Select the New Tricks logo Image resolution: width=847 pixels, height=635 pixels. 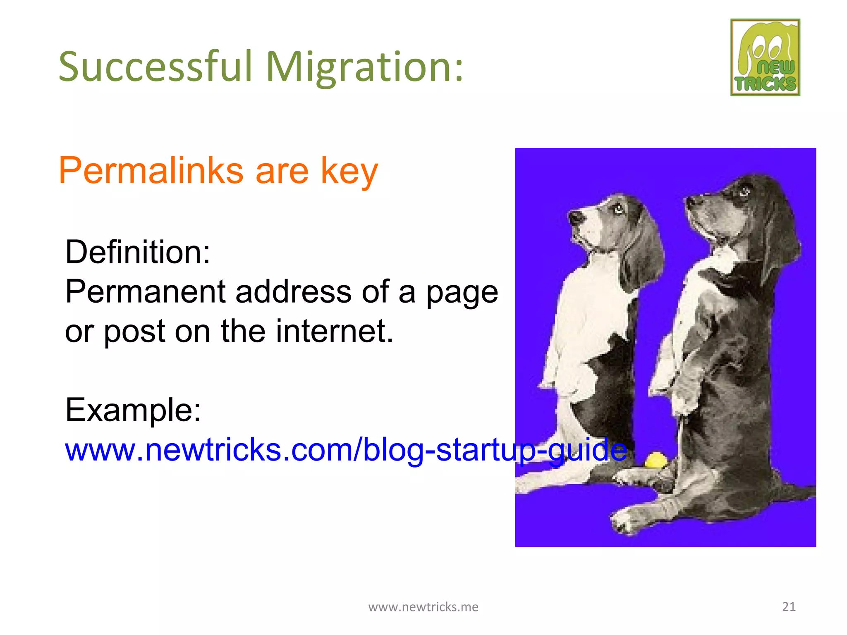(765, 57)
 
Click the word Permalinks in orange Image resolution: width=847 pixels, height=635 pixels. (151, 170)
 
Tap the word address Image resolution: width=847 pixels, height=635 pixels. (293, 291)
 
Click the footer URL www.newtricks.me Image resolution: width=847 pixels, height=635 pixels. (423, 606)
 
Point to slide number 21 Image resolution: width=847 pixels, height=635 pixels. (789, 606)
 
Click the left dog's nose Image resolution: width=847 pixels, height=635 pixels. (574, 217)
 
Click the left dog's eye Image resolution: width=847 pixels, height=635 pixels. (618, 208)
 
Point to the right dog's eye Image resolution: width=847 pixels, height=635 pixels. (744, 191)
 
